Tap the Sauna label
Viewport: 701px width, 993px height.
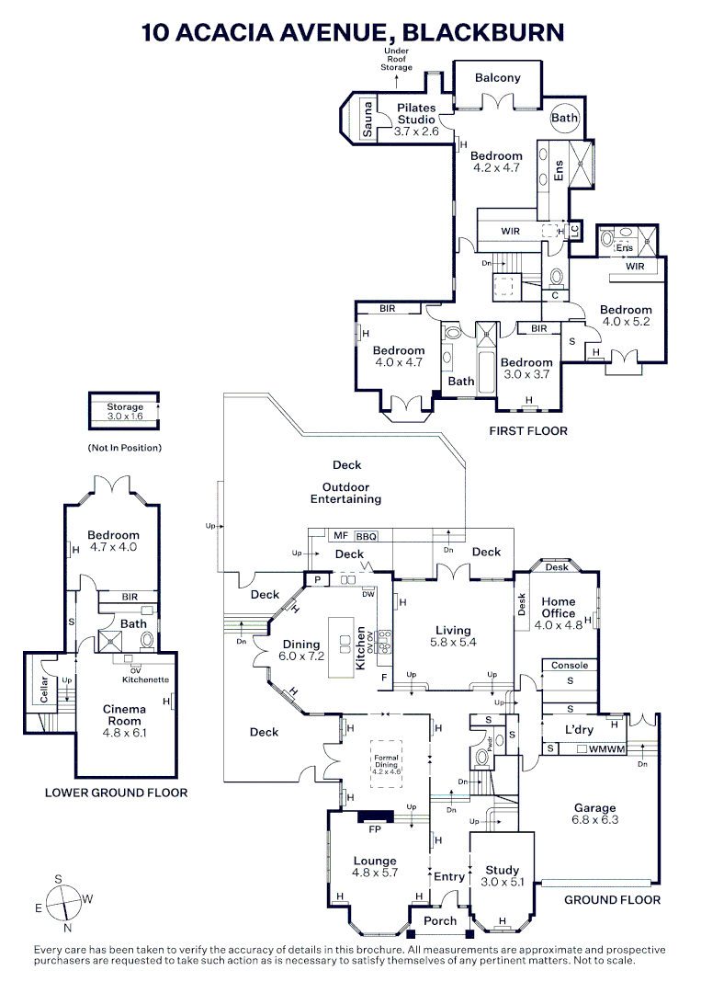pos(367,120)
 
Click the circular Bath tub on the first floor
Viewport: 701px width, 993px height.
pos(564,118)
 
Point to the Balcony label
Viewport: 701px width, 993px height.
pos(498,78)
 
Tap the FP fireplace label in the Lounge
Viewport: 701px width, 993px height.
pos(374,829)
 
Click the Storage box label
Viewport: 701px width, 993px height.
pos(125,406)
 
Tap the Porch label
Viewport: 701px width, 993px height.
pos(440,920)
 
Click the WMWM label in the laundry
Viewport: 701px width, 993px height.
pos(607,749)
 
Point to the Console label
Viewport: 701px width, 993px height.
pos(570,665)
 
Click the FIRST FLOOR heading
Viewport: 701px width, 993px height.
pos(528,430)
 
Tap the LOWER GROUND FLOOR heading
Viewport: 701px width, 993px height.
pos(116,793)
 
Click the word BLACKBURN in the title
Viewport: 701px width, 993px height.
pos(484,33)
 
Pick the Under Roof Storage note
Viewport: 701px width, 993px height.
pos(398,60)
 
